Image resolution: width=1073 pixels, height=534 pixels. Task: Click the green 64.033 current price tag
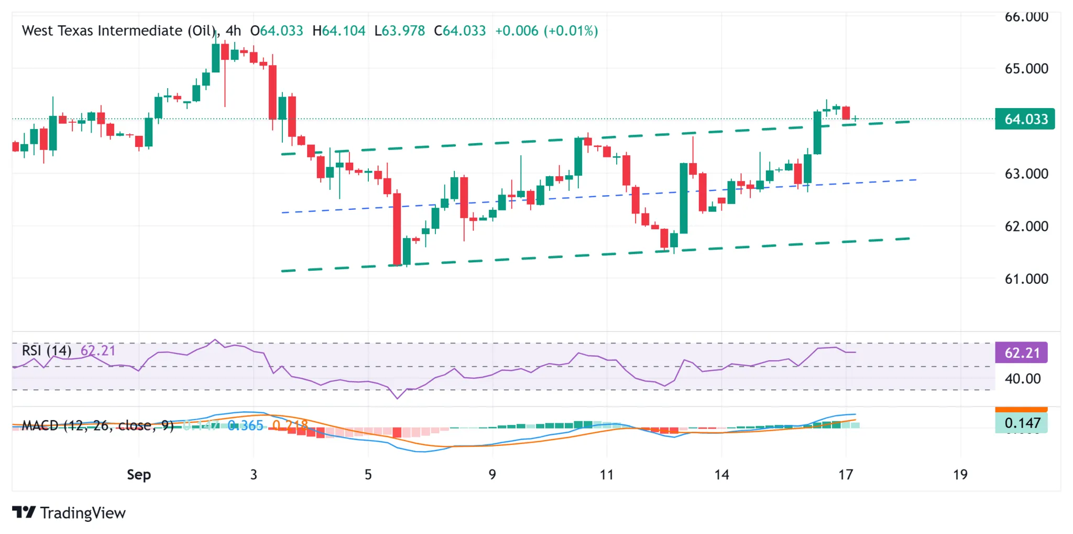coord(1025,119)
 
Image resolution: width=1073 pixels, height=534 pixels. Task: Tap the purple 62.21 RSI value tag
coord(1021,353)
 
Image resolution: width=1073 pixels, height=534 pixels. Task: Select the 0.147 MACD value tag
coord(1021,423)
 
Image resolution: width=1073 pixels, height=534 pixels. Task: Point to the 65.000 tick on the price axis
coord(1026,69)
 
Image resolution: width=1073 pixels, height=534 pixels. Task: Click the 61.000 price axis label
coord(1026,279)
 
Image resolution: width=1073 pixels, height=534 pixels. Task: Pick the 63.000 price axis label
coord(1026,174)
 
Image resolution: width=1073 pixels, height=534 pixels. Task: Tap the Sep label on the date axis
coord(139,475)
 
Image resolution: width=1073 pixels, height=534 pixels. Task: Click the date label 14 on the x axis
coord(721,475)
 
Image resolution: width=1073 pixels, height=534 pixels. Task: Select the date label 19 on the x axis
coord(960,475)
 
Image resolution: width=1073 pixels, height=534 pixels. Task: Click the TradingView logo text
coord(82,512)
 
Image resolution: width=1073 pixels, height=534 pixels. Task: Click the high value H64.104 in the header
coord(338,30)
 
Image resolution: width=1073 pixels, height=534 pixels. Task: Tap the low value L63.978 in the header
coord(399,30)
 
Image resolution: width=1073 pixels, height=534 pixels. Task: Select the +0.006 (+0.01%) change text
coord(546,30)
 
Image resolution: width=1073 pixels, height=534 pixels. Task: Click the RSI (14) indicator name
coord(46,350)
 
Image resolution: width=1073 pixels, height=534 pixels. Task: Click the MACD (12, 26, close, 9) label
coord(97,425)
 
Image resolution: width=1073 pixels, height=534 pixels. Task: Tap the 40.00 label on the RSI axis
coord(1022,379)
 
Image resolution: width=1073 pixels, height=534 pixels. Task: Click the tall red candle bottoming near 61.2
coord(397,229)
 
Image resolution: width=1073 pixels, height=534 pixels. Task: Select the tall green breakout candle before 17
coord(817,132)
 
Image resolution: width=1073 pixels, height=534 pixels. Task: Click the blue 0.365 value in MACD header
coord(246,425)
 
